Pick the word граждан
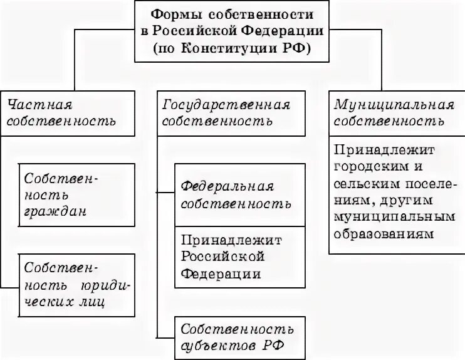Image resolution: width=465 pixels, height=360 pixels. click(x=56, y=211)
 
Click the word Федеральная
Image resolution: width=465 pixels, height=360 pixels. click(x=227, y=188)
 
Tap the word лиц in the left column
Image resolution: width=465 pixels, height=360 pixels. click(x=91, y=302)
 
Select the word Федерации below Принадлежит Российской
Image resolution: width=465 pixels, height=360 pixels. click(x=220, y=274)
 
